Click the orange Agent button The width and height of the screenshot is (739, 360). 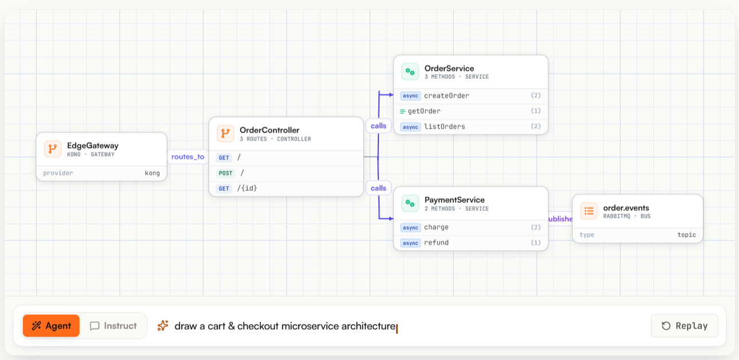(51, 326)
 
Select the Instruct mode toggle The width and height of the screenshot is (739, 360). (113, 326)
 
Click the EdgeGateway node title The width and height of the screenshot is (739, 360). (93, 146)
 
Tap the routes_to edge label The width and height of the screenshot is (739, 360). (187, 157)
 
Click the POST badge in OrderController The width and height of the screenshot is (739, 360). (226, 173)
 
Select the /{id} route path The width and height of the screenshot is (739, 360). (247, 188)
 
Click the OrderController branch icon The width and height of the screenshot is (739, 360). (225, 133)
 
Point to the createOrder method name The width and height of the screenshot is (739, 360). (446, 95)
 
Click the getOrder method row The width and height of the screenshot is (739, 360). (471, 111)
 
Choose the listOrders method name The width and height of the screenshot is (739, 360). (445, 126)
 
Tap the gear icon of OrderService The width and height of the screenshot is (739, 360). (410, 71)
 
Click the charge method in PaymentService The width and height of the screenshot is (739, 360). (436, 227)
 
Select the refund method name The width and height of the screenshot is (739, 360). (436, 242)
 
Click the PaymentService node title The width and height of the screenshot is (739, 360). (454, 199)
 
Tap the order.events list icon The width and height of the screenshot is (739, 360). (589, 211)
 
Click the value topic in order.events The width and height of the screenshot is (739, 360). (686, 235)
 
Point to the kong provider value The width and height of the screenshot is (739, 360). (152, 173)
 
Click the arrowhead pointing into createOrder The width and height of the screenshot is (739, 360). (392, 95)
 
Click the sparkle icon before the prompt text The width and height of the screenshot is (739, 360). (163, 325)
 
